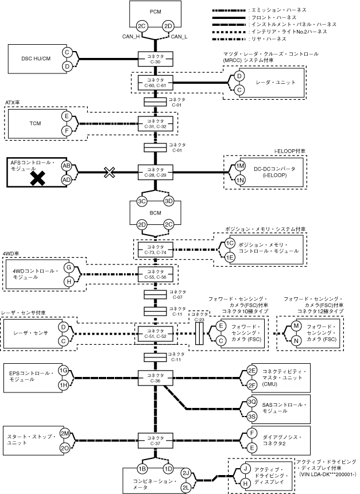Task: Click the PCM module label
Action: pos(155,11)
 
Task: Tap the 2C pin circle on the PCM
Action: pos(142,26)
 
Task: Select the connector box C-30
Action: pos(156,59)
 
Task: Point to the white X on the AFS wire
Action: pos(109,172)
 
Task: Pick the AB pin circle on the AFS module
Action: pos(67,165)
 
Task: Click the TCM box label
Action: pos(35,123)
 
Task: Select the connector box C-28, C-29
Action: pos(156,172)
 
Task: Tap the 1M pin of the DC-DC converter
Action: pos(240,166)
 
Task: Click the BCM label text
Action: pos(155,213)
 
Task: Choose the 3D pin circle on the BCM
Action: pos(169,201)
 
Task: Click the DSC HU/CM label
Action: pos(36,59)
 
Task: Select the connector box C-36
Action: pos(156,378)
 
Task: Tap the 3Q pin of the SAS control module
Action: pos(251,402)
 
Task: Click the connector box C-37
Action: pos(156,441)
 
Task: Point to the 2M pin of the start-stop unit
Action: pos(65,434)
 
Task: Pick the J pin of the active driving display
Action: pos(245,469)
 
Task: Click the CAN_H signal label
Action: pos(131,37)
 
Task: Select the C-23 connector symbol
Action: pos(199,333)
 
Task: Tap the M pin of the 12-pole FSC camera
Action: pos(296,326)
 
